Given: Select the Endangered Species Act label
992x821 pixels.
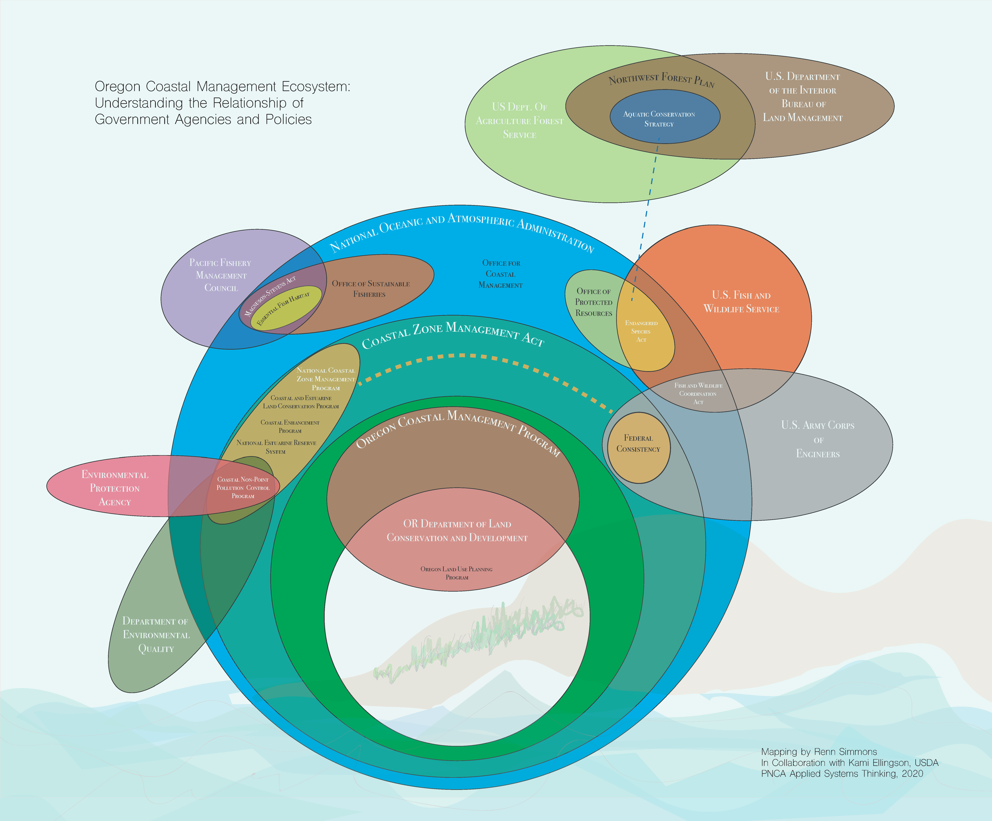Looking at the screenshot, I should [x=641, y=331].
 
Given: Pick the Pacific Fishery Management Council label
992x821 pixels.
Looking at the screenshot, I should [x=221, y=275].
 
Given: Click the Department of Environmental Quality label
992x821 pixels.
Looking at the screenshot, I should [x=156, y=635].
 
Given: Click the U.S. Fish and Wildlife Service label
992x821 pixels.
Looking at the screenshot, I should [x=741, y=302].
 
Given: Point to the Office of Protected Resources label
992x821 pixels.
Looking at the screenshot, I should [x=594, y=302].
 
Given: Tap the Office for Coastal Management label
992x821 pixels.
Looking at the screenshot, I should [x=501, y=274].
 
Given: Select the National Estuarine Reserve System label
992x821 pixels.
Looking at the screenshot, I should [x=276, y=447].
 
